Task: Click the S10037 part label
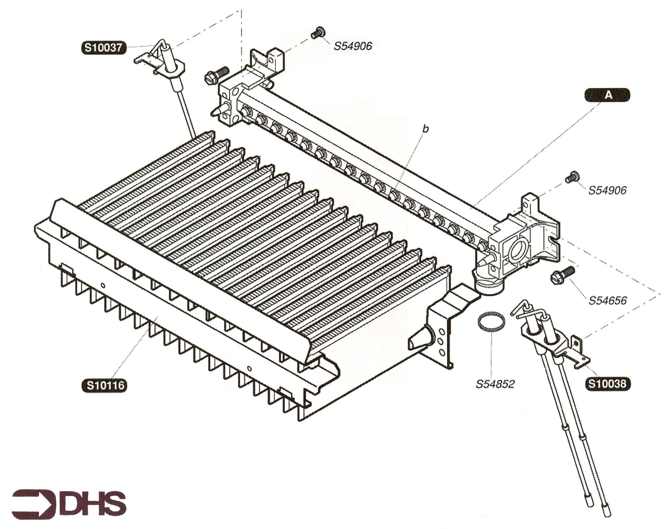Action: click(x=104, y=49)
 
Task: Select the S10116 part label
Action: click(x=105, y=385)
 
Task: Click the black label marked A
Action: click(x=608, y=95)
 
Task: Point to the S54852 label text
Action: click(x=495, y=384)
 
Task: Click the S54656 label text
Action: click(x=608, y=301)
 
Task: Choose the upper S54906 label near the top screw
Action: click(x=353, y=46)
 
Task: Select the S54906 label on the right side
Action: click(x=607, y=190)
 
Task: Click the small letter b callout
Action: click(x=426, y=129)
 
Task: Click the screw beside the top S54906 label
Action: click(x=318, y=32)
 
